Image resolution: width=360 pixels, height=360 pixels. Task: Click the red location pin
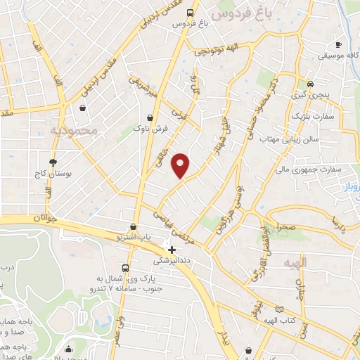(x=181, y=165)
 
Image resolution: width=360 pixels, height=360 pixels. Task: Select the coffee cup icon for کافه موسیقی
(x=338, y=44)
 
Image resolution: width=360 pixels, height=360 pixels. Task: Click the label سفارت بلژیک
(x=309, y=115)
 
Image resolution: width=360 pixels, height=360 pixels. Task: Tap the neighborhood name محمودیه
(x=92, y=130)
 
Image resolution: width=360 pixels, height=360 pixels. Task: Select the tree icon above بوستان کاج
(x=53, y=162)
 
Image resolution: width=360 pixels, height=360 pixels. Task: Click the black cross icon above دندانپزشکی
(x=172, y=250)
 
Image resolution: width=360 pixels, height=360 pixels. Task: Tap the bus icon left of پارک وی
(x=125, y=268)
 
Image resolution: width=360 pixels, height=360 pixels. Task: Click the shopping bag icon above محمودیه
(x=84, y=108)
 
